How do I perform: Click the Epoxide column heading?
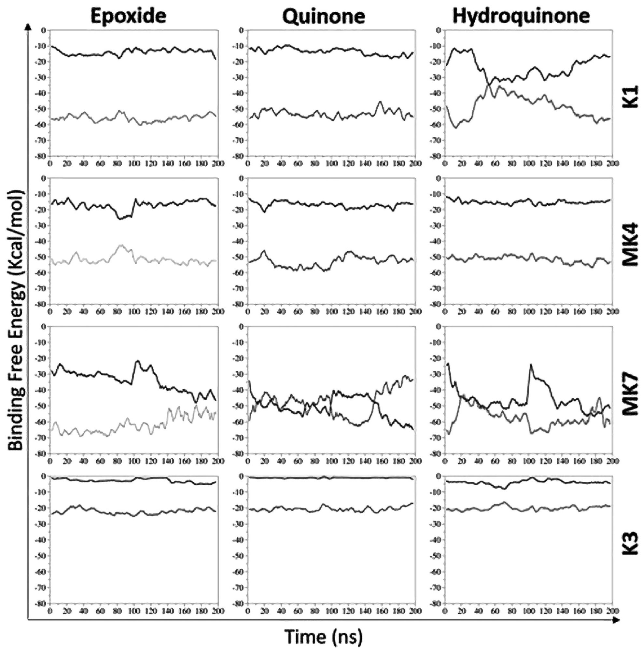[129, 16]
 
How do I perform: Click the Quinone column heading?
[324, 16]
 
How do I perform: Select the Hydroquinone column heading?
[521, 16]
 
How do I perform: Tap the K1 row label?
[629, 96]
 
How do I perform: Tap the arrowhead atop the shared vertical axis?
[28, 27]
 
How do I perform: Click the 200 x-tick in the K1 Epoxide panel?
[218, 163]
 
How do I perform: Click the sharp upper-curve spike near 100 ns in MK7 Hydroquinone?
[530, 365]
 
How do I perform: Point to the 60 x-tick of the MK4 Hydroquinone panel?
[495, 311]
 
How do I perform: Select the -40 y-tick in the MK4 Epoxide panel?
[42, 241]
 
